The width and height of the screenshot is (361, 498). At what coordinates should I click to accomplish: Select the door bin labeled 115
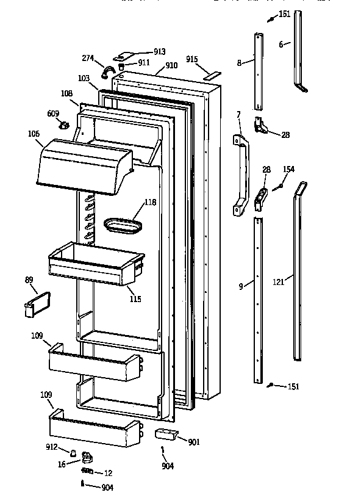(x=95, y=262)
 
